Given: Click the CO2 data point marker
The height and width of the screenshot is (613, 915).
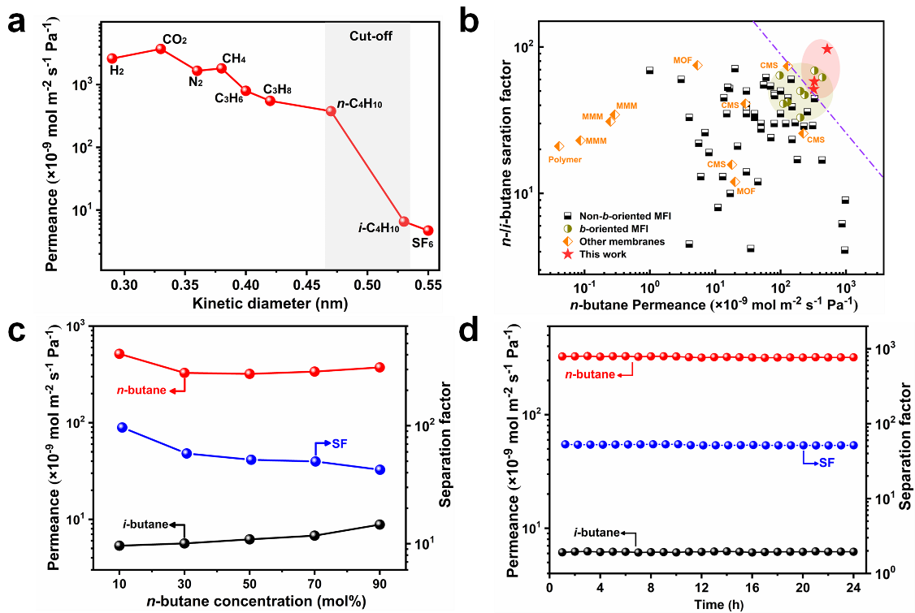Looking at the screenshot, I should coord(160,49).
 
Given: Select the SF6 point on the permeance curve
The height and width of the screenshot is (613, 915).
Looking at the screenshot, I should coord(428,231).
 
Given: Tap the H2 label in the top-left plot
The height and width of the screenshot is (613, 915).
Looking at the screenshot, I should coord(117,71).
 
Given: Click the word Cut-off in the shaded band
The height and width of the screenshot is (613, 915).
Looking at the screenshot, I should coord(367,36).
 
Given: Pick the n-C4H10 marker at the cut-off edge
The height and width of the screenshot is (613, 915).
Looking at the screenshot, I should coord(331,110).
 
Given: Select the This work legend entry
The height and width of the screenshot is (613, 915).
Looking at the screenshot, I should coord(602,254).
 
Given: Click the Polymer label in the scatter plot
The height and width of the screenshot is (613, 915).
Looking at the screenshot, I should coord(565,160).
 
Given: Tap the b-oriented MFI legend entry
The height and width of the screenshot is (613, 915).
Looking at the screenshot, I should coord(610,229).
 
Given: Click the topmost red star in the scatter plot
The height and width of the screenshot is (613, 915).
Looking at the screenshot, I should coord(827,49).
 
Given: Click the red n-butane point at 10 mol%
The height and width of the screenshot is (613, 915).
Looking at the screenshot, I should coord(119,354).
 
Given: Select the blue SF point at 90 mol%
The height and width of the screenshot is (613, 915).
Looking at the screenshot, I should coord(379,469).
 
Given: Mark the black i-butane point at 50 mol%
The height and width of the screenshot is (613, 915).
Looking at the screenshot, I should coord(249,539).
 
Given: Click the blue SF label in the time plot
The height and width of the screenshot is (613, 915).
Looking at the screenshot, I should coord(826,462).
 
